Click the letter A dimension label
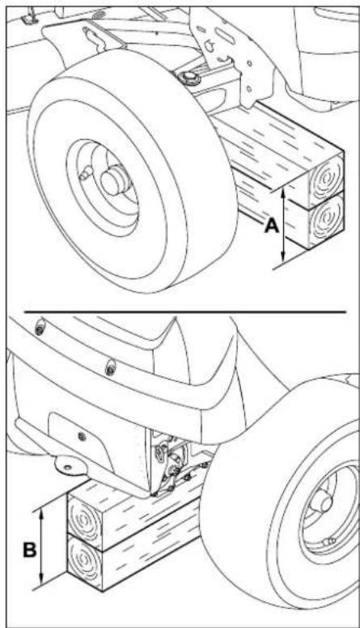coord(272,226)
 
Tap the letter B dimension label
coord(30,549)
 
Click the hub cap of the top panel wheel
coord(115,181)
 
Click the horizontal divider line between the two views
coord(184,312)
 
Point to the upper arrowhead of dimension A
coord(283,193)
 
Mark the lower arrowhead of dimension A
coord(283,257)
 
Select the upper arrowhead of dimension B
coord(40,514)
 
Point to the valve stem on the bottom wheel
coord(329,541)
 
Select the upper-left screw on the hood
coord(40,329)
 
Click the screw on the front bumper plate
coord(82,435)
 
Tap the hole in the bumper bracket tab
coord(68,467)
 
